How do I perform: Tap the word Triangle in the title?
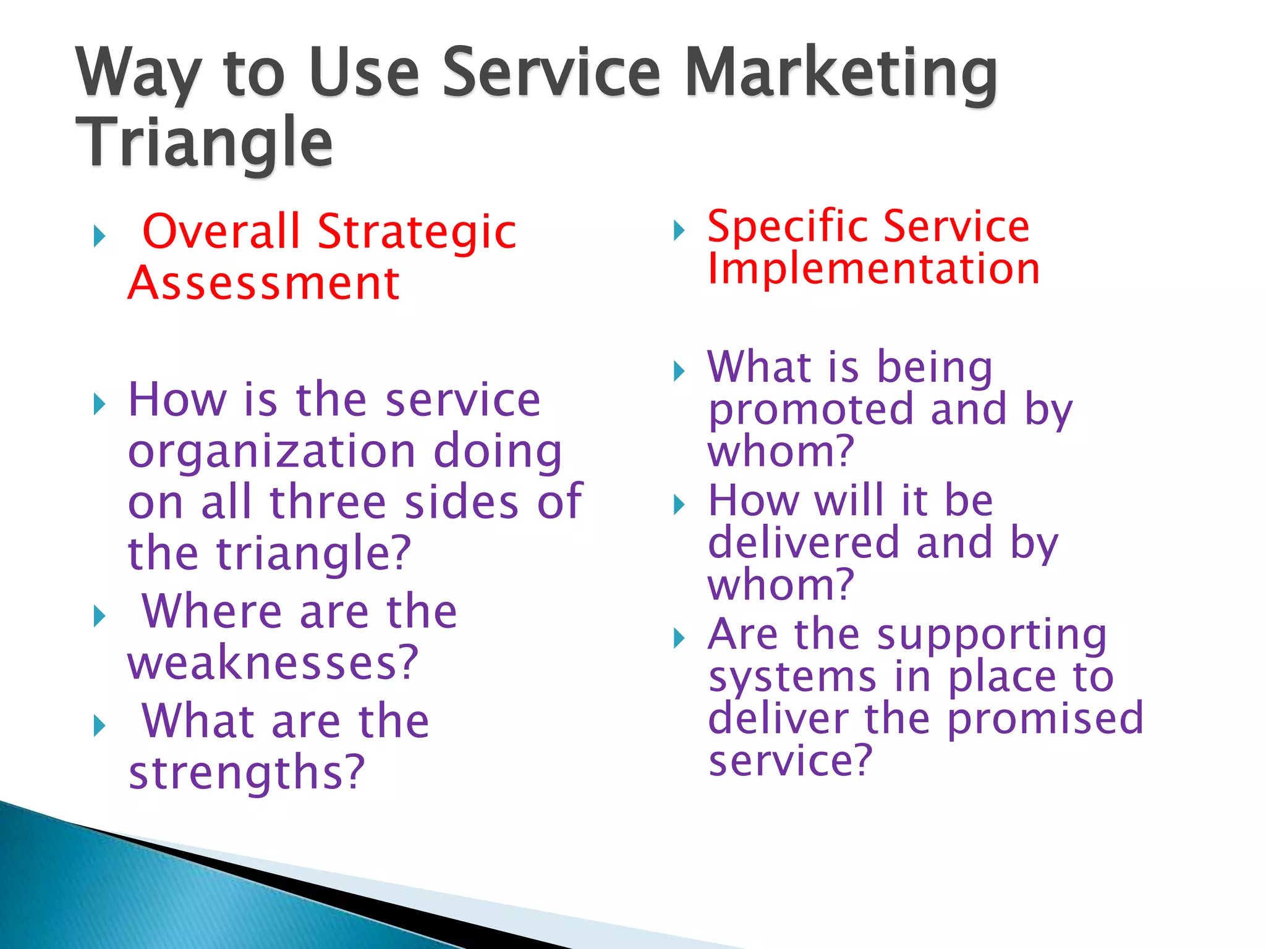coord(204,143)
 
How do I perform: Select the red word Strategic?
coord(417,232)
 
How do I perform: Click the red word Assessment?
coord(264,283)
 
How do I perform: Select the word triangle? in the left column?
coord(313,554)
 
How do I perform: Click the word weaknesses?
coord(273,662)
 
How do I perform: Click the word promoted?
coord(810,410)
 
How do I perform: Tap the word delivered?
coord(803,544)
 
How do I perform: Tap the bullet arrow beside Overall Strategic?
coord(99,236)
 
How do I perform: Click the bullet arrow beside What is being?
coord(679,371)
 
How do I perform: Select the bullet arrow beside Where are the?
coord(99,616)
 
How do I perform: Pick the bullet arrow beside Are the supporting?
coord(679,638)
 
